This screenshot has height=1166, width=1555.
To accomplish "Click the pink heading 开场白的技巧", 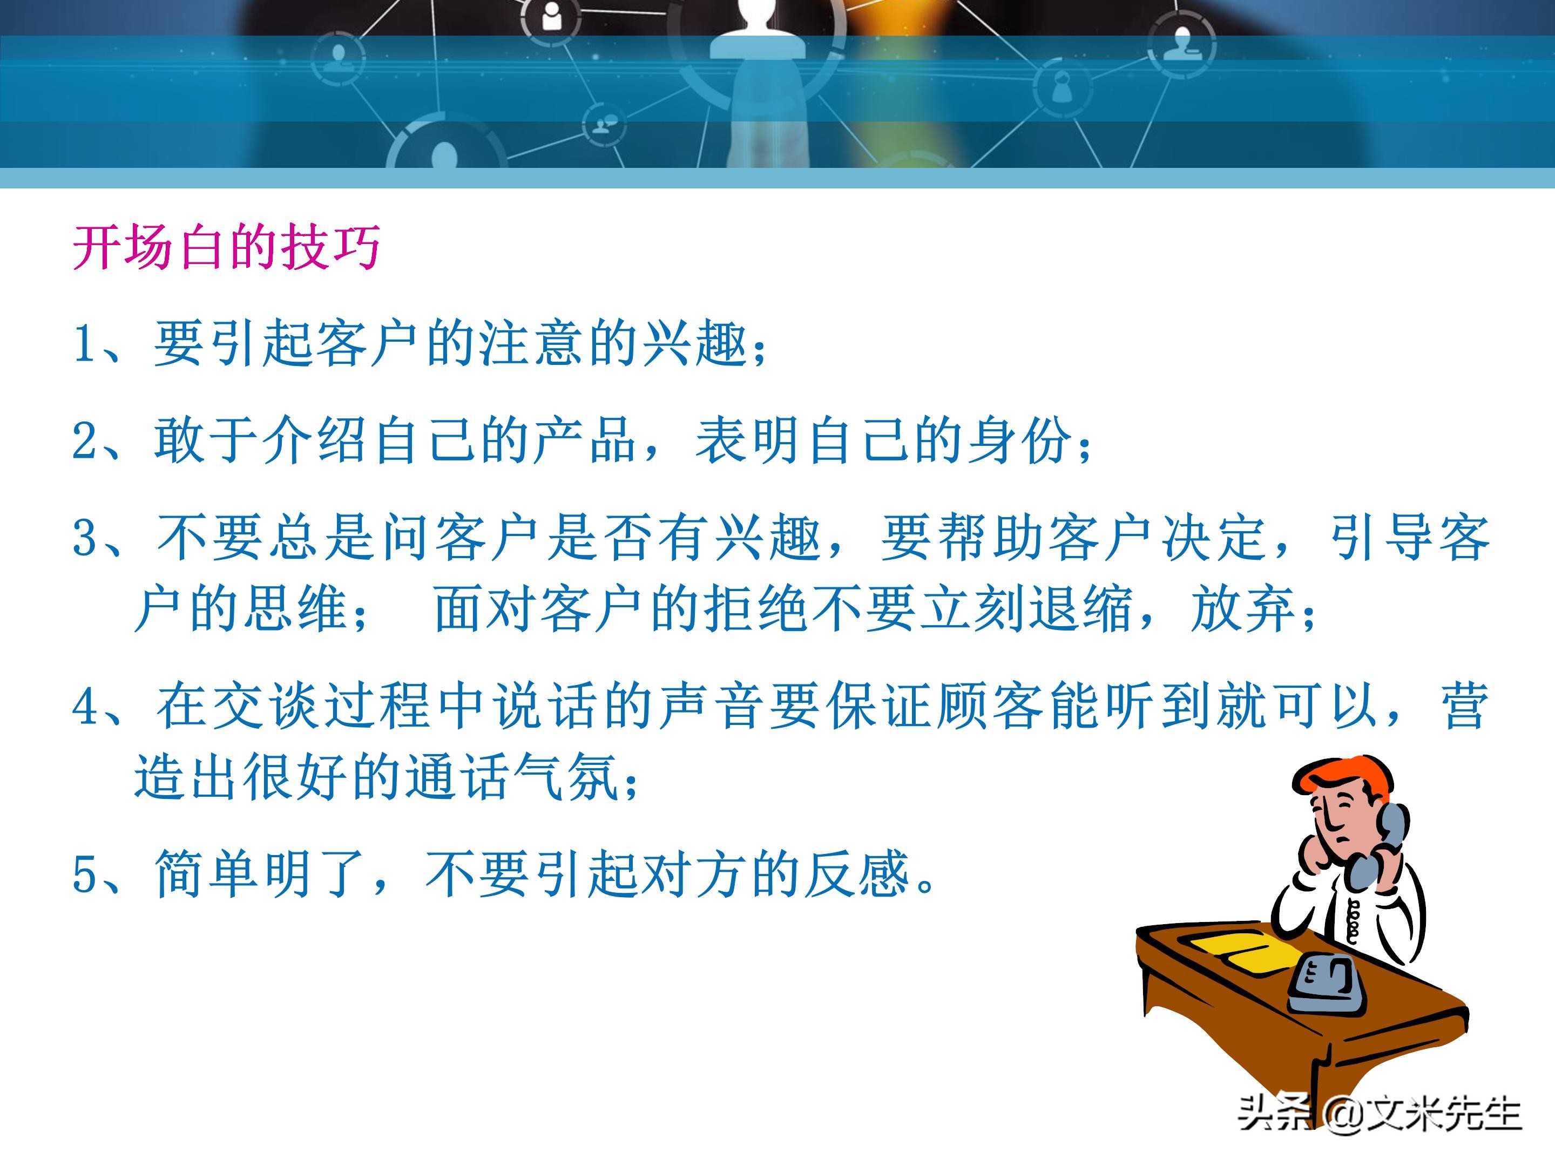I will pyautogui.click(x=226, y=247).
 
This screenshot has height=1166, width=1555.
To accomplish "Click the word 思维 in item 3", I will pyautogui.click(x=296, y=609).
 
